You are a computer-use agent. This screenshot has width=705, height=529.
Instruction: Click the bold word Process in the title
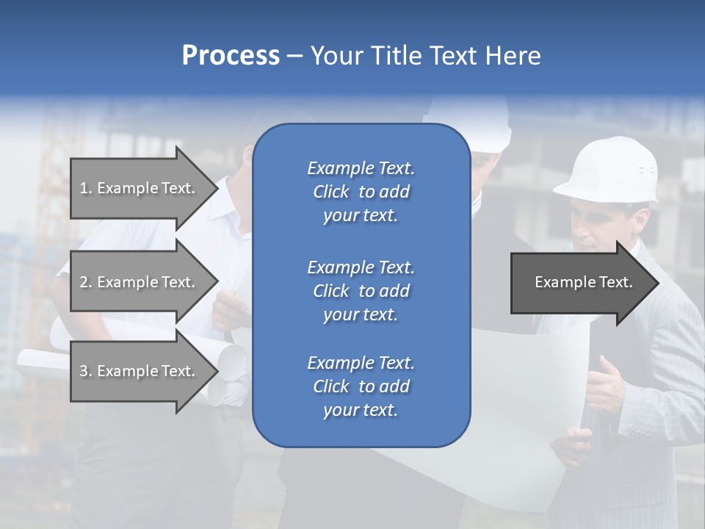click(x=231, y=56)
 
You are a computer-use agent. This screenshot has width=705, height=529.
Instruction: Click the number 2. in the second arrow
click(x=86, y=282)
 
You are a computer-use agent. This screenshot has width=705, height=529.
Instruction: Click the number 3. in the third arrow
click(x=86, y=371)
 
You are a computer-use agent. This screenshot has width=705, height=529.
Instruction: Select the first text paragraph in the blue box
click(x=361, y=192)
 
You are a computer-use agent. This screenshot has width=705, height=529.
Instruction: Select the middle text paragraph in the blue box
click(x=361, y=291)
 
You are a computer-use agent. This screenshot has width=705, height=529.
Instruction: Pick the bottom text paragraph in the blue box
click(x=361, y=386)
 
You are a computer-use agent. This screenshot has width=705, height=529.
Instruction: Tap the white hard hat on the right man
click(x=609, y=169)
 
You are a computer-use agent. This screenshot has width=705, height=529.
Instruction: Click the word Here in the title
click(x=513, y=56)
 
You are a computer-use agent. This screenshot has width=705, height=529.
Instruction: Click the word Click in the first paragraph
click(x=331, y=192)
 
